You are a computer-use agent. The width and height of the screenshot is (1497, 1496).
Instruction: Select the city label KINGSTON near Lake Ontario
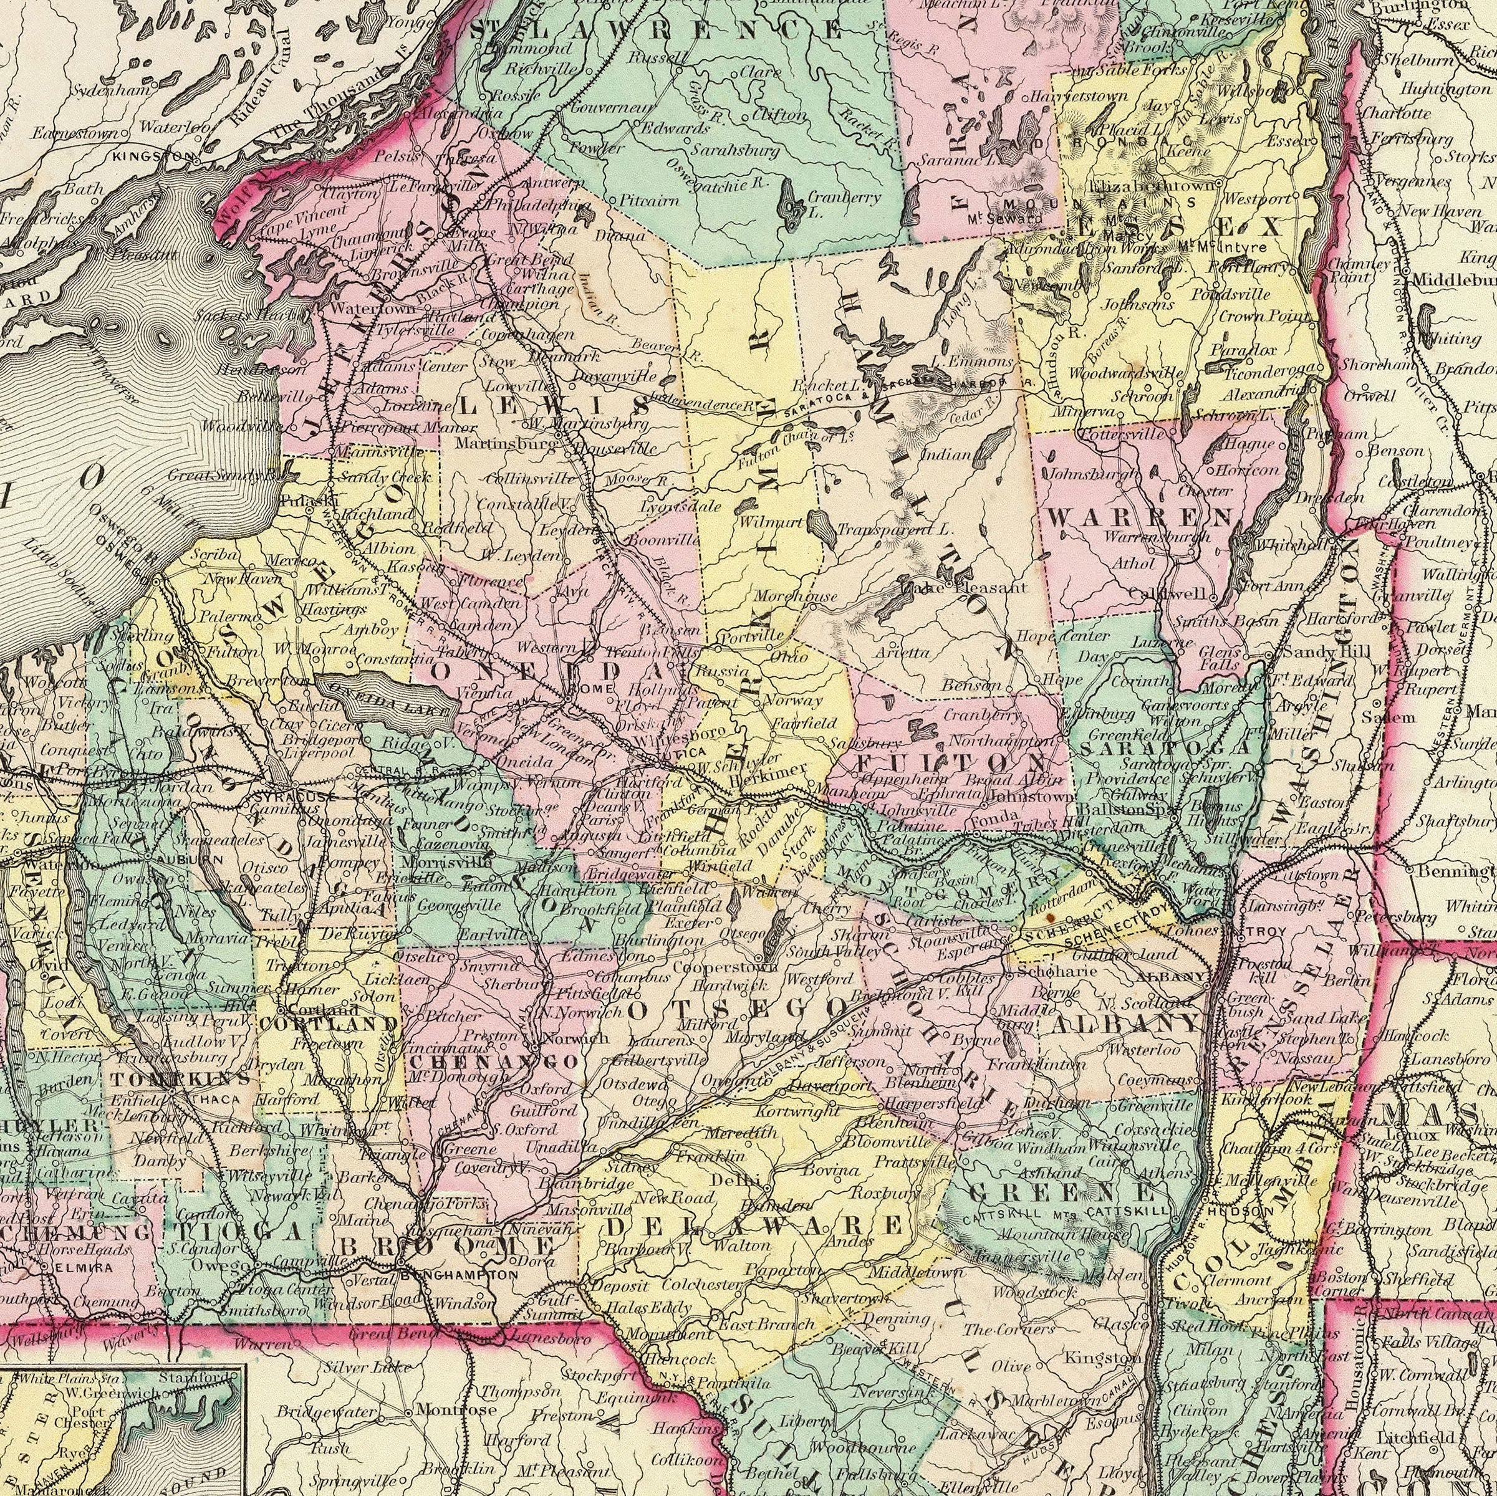tap(153, 156)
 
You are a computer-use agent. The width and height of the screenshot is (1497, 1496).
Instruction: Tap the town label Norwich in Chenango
tap(569, 1038)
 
